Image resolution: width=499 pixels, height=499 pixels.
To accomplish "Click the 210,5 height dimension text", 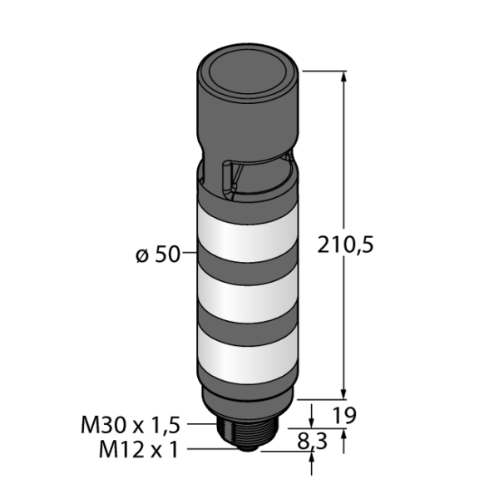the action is (345, 245).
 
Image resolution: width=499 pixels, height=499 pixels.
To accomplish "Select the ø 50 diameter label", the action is (158, 255).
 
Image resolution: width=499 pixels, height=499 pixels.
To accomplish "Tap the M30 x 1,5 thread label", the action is (131, 425).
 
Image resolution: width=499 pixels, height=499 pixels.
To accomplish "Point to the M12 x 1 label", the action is (138, 449).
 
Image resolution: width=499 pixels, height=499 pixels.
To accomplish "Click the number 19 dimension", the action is (343, 415).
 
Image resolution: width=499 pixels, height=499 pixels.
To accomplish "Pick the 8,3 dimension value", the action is (312, 442).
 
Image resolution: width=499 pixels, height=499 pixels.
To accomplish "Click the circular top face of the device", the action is (247, 72).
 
